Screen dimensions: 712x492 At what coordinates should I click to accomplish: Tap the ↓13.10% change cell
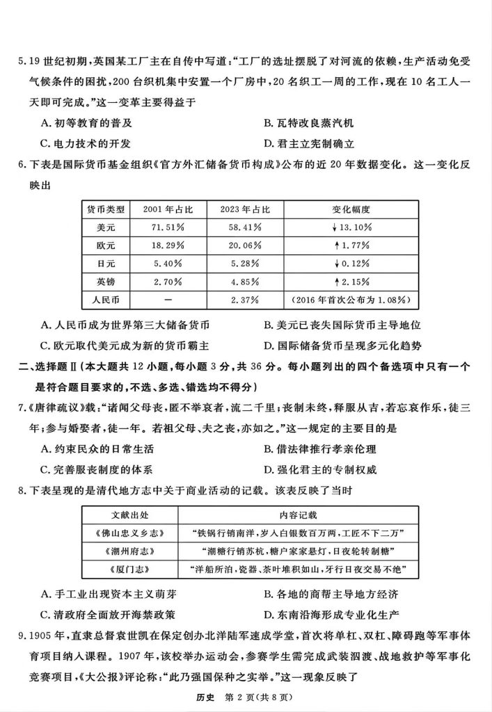[352, 227]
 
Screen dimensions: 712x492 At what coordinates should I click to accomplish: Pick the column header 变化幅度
[352, 209]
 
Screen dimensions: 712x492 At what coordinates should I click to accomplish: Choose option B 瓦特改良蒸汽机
[309, 123]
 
